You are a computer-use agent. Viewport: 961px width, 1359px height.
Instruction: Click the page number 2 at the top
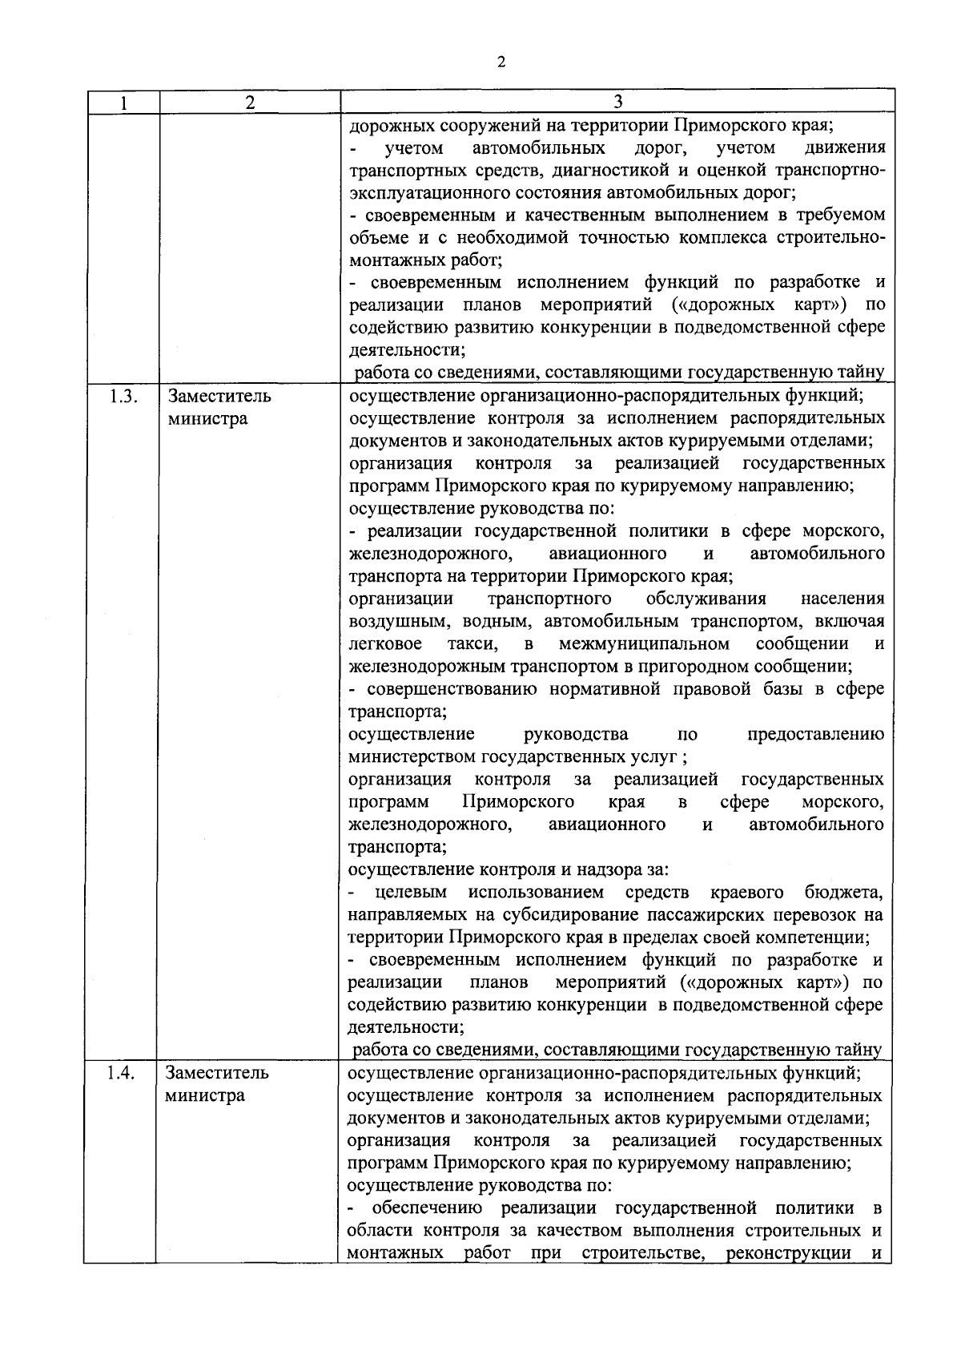[x=501, y=63]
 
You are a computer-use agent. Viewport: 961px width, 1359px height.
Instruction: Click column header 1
[x=123, y=103]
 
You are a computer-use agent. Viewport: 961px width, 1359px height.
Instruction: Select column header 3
[x=618, y=102]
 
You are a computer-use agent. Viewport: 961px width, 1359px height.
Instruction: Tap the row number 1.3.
[x=123, y=397]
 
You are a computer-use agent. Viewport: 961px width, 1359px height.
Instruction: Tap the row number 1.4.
[x=123, y=1073]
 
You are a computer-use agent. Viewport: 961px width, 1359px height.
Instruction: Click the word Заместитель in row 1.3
[x=219, y=397]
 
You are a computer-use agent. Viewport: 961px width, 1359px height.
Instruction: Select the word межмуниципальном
[x=644, y=644]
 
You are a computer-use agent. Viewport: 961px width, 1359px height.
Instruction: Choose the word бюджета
[x=843, y=893]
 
